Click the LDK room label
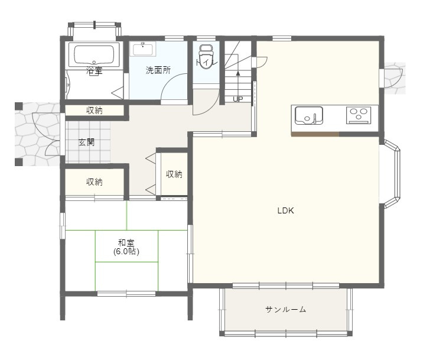click(x=286, y=210)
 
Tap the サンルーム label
click(x=285, y=309)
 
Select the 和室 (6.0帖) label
click(x=126, y=247)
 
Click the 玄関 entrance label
click(x=86, y=142)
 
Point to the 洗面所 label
click(x=158, y=70)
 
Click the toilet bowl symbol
click(x=206, y=57)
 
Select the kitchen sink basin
click(x=308, y=115)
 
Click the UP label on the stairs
click(x=237, y=99)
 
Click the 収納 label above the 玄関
click(x=95, y=110)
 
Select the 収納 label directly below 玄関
click(x=95, y=182)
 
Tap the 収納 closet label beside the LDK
click(x=174, y=174)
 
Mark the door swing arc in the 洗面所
click(x=171, y=89)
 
